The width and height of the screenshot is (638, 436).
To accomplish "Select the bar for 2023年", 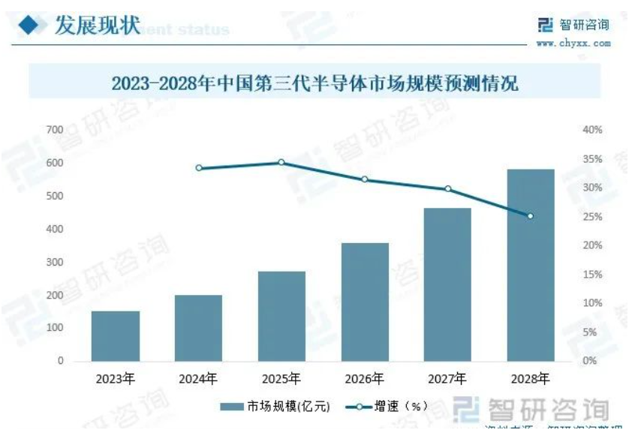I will click(116, 336).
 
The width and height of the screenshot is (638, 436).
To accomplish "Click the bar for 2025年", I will click(281, 316).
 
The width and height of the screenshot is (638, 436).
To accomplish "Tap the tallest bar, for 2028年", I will click(531, 265).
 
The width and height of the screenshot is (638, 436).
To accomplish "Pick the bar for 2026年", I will click(365, 302).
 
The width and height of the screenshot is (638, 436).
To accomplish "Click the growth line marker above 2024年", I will click(199, 168).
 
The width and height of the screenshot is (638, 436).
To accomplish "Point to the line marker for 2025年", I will click(281, 162).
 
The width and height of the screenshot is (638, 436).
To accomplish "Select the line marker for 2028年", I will click(531, 216).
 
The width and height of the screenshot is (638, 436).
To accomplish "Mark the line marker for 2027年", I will click(448, 189).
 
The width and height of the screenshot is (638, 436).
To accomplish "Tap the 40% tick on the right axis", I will click(593, 130).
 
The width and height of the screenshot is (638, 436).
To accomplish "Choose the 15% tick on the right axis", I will click(593, 275).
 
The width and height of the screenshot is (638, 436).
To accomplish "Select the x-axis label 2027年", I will click(448, 378).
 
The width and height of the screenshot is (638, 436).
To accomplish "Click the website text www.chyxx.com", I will click(573, 44).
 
